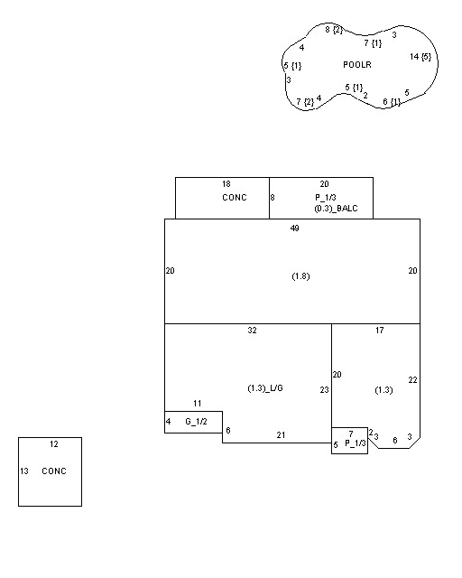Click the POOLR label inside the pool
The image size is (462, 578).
pos(357,65)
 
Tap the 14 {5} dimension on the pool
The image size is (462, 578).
pos(420,57)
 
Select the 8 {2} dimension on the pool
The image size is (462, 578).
pos(334,30)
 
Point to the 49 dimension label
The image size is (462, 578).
pos(295,228)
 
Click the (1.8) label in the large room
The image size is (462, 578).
pos(300,276)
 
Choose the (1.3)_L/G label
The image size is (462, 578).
pos(265,388)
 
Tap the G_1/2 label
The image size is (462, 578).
pos(196,422)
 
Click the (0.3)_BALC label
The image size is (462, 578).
pos(336,209)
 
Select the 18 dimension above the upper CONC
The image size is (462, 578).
pos(226,184)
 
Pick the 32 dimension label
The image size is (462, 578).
pos(252,331)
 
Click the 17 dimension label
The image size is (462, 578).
pos(380,331)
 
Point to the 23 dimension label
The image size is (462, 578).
pos(324,390)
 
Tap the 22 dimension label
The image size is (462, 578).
pos(412,380)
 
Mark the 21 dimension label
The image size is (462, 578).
pos(281,435)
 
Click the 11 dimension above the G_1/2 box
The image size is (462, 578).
pos(197,404)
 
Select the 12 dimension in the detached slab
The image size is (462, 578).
pos(54,444)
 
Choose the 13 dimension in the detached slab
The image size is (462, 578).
pos(24,471)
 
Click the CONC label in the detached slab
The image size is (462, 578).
pos(54,471)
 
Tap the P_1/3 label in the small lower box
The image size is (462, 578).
pos(356,443)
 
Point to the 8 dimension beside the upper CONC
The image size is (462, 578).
pos(273,198)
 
